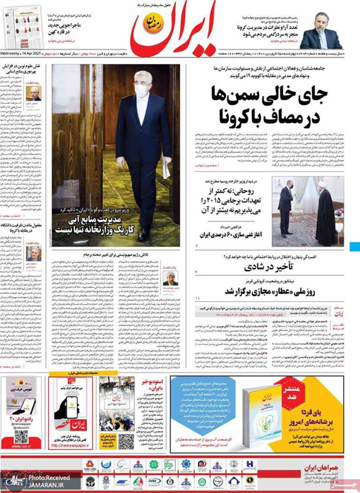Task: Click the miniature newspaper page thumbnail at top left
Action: coord(27,25)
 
